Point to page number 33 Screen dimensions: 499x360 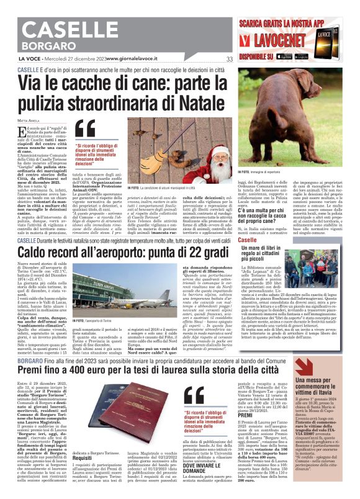pos(229,59)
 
